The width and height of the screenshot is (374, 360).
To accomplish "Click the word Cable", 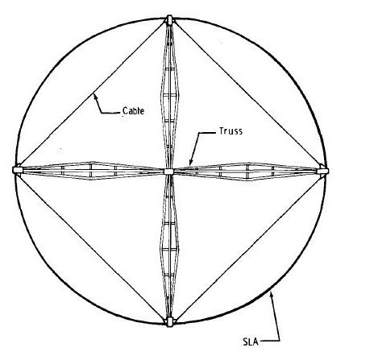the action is pos(133,111).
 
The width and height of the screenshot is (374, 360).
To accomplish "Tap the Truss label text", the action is pos(231,131).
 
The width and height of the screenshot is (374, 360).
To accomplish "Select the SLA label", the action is pos(251,341).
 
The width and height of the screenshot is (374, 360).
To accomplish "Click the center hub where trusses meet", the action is pos(168,172).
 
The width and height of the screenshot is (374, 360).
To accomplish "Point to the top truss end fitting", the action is pos(169,20).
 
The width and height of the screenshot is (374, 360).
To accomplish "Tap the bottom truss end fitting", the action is pos(169,321).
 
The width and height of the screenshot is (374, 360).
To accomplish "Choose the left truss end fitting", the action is pos(18,170).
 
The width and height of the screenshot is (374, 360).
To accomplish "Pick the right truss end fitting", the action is pos(322,171).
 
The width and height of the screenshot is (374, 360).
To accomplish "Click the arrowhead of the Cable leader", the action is pos(94,96).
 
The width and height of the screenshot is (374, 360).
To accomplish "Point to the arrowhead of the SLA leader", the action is pos(272,294).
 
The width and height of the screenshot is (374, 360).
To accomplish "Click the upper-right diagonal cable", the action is pos(247,92).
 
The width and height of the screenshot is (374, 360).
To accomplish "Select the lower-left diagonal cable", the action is pos(91,247).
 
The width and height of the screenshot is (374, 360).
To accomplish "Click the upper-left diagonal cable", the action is pos(91,93).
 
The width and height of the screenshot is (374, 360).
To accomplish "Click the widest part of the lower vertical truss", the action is pos(169,249).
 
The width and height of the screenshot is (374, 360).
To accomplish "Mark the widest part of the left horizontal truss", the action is pos(91,171).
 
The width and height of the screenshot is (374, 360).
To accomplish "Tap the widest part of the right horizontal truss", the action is pos(247,172).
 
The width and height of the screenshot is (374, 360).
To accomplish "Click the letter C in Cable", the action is pos(125,111).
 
